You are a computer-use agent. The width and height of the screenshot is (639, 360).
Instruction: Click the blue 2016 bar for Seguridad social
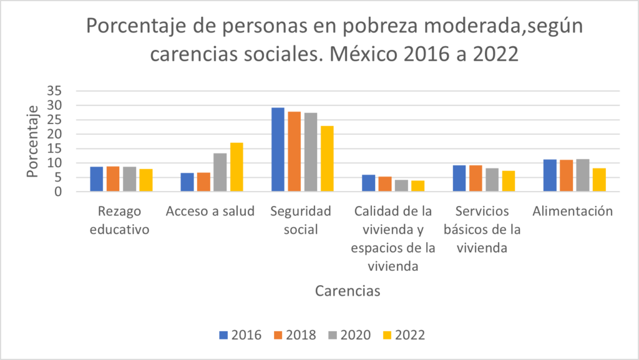pos(278,150)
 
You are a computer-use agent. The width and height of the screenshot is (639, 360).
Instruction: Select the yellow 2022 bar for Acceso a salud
pos(237,167)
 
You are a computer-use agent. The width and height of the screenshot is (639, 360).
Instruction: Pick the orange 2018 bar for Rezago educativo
pos(113,179)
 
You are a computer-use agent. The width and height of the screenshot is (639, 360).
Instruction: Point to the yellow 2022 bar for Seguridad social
pos(328,159)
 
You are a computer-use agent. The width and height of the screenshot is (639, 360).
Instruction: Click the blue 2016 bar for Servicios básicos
pos(459,178)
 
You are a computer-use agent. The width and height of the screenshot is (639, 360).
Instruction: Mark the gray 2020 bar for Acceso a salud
pos(220,172)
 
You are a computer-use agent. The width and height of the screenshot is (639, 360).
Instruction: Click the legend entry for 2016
pos(240,334)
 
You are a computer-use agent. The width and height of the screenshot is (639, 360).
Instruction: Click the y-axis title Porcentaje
pos(33,141)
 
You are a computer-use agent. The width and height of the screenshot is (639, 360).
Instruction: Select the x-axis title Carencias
pos(348,291)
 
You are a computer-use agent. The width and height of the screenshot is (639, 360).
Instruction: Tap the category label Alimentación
pos(572,211)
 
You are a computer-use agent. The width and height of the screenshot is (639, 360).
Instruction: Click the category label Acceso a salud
pos(210,211)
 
